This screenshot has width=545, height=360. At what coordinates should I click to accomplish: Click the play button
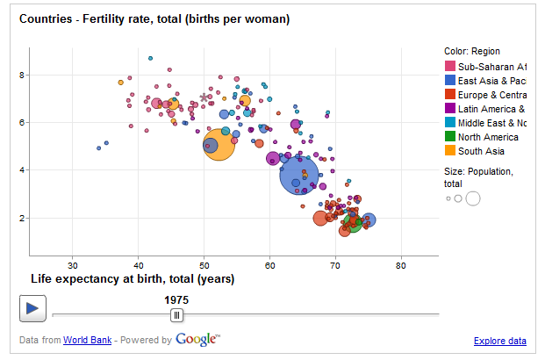point(32,307)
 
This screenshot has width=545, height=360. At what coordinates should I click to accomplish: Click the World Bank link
point(87,341)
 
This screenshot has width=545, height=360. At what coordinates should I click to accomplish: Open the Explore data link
point(499,341)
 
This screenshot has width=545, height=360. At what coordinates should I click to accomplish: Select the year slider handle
point(176,314)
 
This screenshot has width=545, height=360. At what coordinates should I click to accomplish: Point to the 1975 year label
point(176,299)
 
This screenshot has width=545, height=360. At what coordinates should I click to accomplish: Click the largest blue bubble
point(299,174)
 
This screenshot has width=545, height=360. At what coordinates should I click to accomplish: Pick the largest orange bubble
point(219,145)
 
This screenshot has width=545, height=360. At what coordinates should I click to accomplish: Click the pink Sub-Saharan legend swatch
point(450,67)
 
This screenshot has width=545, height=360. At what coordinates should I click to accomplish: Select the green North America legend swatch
point(450,137)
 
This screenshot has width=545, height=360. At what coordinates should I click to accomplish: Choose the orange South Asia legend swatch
point(450,151)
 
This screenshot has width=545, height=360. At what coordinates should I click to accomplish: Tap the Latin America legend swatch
point(450,109)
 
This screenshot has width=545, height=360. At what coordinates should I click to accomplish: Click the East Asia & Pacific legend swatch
point(450,81)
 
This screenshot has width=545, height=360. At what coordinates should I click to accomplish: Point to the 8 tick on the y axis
point(22,76)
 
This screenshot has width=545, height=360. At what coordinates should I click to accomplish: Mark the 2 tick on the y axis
point(22,218)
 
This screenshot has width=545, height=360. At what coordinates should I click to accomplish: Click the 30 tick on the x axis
point(73,263)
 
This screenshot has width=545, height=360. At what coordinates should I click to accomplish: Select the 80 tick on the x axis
point(401,263)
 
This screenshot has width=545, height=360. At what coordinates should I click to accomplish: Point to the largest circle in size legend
point(473,198)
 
